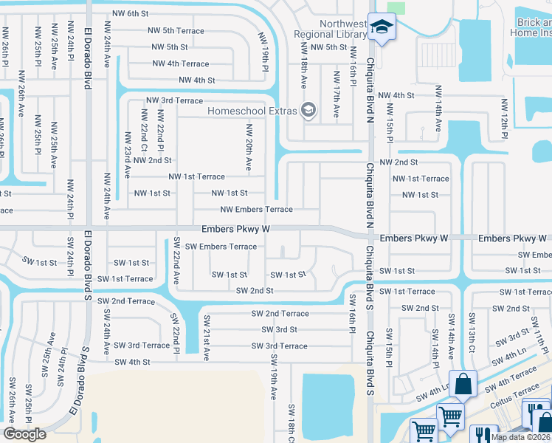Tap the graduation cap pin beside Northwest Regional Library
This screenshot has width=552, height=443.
point(382,28)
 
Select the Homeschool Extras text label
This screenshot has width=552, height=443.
point(252,111)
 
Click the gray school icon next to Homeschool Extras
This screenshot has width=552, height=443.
point(308,111)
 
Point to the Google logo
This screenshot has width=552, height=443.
point(24,434)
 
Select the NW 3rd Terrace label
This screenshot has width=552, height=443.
point(175,100)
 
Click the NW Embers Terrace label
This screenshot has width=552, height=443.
point(256,210)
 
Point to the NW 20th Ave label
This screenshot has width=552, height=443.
point(249,145)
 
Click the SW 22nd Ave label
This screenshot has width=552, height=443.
point(176,261)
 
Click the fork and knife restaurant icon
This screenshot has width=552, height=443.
point(484,433)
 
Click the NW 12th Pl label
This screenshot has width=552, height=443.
point(505,118)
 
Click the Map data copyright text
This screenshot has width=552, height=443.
point(521,437)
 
